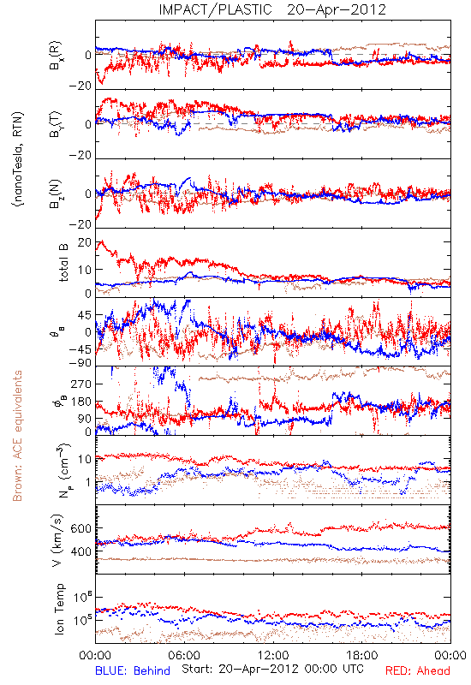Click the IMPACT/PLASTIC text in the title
click(x=215, y=9)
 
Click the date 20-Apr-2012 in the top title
click(x=337, y=9)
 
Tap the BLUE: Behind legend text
click(x=133, y=670)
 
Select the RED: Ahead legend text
click(x=418, y=670)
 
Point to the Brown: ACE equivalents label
click(x=17, y=436)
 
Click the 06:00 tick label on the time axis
click(x=184, y=655)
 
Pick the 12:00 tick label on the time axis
click(x=273, y=655)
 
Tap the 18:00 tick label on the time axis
click(x=362, y=655)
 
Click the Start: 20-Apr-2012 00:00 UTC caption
click(x=272, y=669)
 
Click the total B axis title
click(x=63, y=263)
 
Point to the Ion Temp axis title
click(x=59, y=609)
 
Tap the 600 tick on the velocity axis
click(x=80, y=528)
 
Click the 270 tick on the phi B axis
click(x=80, y=384)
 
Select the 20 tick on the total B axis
click(x=85, y=242)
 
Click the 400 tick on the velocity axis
click(x=80, y=551)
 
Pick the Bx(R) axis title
click(x=56, y=56)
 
